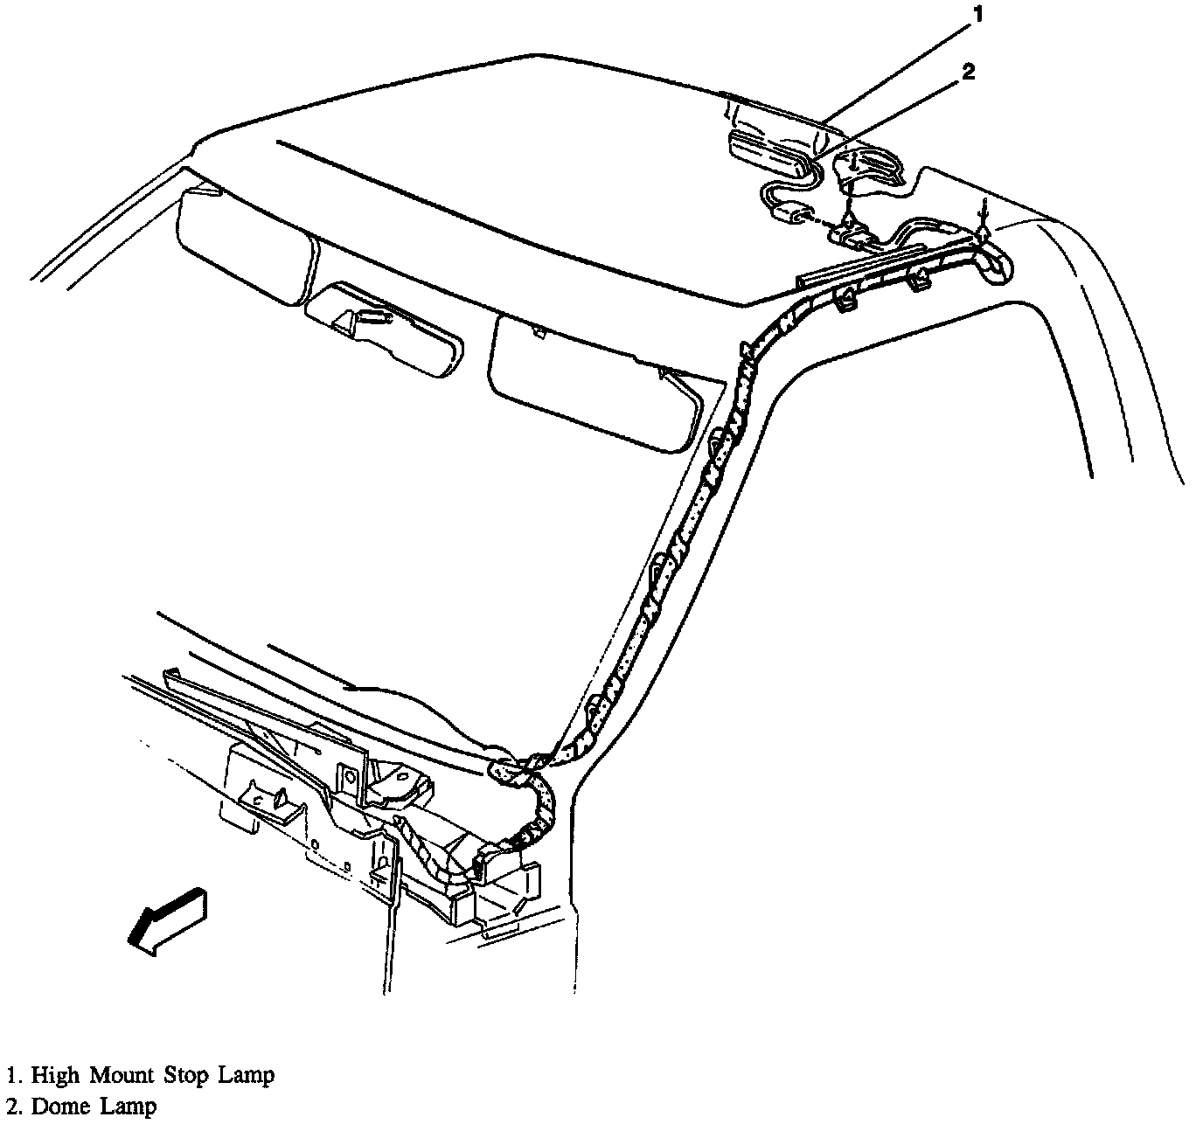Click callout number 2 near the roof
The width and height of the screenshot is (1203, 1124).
coord(968,73)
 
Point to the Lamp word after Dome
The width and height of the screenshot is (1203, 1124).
coord(128,1107)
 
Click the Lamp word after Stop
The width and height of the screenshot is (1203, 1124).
coord(250,1076)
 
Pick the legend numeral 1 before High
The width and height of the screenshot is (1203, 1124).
coord(11,1076)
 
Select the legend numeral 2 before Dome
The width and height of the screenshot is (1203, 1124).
coord(11,1107)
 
